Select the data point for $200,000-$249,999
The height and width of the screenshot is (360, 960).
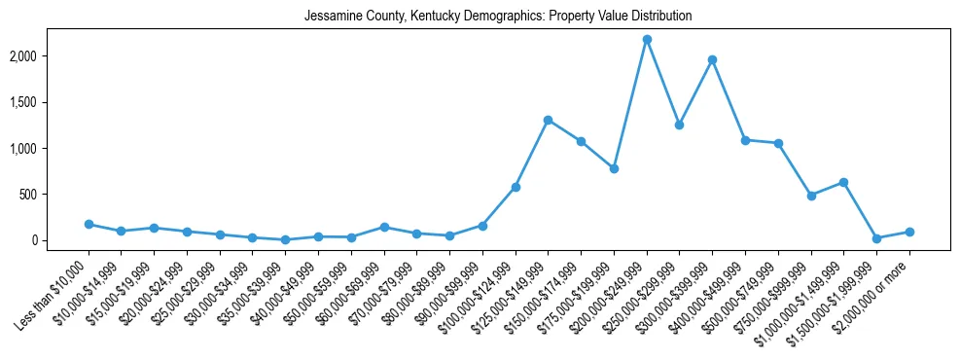tap(647, 39)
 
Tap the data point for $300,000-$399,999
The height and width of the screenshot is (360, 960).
tap(712, 59)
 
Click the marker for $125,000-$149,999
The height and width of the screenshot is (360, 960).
tap(548, 120)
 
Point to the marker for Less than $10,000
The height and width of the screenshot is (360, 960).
tap(89, 224)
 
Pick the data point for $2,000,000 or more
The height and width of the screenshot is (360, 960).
tap(909, 232)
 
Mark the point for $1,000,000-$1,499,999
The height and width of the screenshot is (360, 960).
tap(843, 182)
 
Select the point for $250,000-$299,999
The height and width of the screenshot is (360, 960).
tap(679, 125)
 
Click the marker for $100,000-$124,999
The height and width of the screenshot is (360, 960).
tap(516, 187)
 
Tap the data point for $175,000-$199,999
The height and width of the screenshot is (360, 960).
tap(614, 168)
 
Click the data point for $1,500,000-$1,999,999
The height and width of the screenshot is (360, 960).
tap(876, 238)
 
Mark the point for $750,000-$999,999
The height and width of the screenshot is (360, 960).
tap(810, 196)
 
